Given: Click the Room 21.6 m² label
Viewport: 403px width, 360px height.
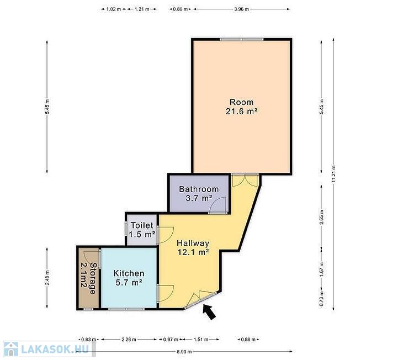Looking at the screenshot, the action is (242, 107).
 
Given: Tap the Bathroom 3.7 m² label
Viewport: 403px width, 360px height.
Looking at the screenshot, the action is (199, 194).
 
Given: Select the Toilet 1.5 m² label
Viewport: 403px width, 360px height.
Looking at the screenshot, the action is (142, 230).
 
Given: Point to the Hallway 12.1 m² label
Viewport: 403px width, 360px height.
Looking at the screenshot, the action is (193, 247).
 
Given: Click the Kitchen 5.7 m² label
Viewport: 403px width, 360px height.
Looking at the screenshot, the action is (129, 278).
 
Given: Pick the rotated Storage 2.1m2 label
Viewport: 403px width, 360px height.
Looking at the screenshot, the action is (89, 278).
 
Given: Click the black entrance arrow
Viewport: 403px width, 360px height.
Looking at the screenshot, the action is (209, 312).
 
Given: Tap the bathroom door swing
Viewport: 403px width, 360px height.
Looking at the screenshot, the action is (218, 206).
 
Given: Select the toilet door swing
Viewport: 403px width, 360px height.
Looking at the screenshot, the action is (166, 235).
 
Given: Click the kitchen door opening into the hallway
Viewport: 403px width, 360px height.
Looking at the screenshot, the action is (166, 293).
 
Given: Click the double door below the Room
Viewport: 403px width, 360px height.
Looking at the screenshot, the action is (245, 180).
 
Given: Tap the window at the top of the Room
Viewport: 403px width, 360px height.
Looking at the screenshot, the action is (242, 39).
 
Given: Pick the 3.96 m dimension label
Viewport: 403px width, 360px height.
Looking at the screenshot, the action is (242, 9).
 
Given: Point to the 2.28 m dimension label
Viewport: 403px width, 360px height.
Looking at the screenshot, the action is (129, 340).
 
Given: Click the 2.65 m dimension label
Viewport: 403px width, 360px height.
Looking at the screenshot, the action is (321, 218).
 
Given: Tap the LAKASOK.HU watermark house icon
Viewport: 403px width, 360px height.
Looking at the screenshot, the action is (11, 349).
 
